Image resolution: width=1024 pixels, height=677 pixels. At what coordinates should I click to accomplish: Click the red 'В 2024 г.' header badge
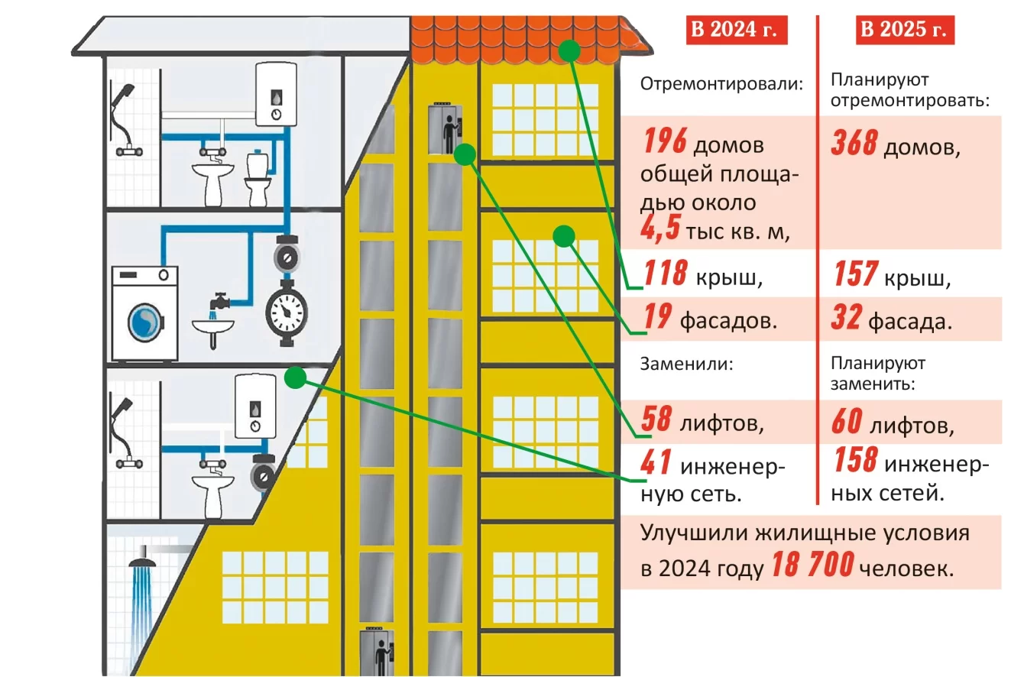[x=736, y=31]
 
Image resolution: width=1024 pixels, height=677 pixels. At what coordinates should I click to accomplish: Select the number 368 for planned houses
[x=854, y=143]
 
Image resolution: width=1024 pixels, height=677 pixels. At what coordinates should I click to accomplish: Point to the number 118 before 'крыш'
[x=665, y=274]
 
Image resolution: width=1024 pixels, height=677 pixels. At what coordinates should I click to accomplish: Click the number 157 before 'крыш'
[x=854, y=274]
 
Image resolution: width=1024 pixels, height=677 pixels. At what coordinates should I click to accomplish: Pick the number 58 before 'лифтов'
[x=657, y=419]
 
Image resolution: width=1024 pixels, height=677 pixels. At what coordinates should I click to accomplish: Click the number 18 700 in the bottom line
[x=811, y=566]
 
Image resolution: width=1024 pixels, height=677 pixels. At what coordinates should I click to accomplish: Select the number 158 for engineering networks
[x=855, y=462]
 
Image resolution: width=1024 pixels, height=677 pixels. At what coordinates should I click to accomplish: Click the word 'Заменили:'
[x=687, y=364]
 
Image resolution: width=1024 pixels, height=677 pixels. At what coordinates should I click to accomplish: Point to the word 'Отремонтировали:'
[x=722, y=85]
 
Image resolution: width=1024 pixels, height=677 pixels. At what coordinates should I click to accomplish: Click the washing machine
[x=145, y=313]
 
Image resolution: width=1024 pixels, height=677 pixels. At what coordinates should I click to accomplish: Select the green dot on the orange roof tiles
[x=568, y=50]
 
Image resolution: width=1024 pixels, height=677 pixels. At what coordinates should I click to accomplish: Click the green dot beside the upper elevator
[x=464, y=155]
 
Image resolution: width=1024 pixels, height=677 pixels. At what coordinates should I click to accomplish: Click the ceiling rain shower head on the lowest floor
[x=143, y=565]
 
